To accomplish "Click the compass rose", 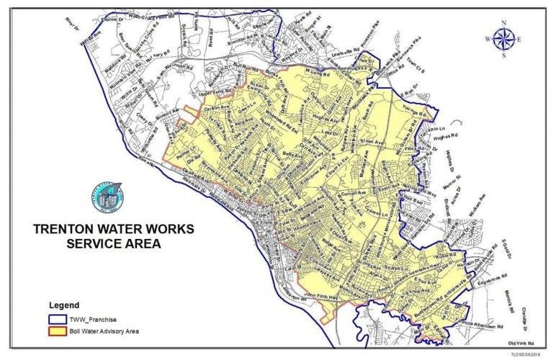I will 503,39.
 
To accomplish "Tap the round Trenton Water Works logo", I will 106,198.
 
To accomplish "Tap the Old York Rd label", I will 524,343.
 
